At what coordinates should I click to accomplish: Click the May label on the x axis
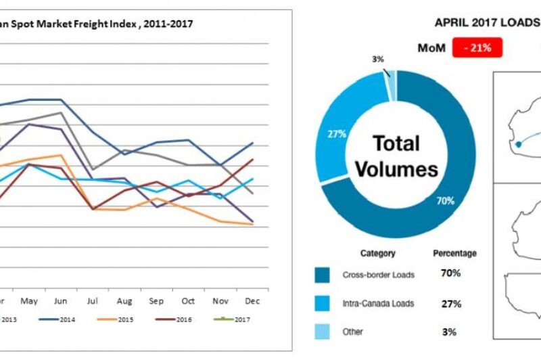click(29, 299)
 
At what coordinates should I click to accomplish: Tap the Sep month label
click(156, 299)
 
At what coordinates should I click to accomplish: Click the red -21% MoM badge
click(481, 47)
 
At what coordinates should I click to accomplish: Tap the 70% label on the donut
click(445, 201)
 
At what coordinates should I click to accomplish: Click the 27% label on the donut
click(337, 134)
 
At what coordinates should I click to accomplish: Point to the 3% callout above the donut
click(377, 60)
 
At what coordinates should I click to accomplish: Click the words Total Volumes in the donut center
click(397, 156)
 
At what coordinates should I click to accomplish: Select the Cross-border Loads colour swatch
click(323, 275)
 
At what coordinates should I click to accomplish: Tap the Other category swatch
click(323, 332)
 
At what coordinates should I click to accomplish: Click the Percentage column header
click(454, 253)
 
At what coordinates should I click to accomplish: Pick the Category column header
click(377, 253)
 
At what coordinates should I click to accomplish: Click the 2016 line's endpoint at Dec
click(252, 160)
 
